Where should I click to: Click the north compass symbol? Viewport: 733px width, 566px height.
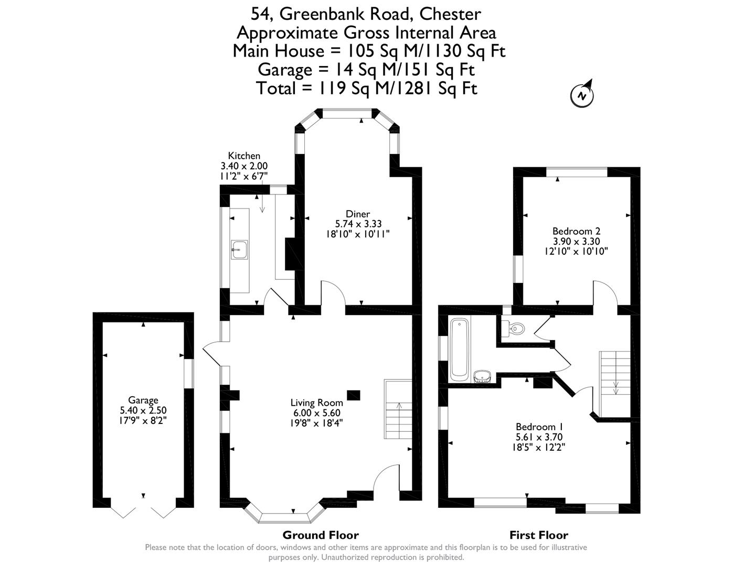pyautogui.click(x=582, y=94)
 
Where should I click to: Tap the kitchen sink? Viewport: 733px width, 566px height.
pyautogui.click(x=239, y=249)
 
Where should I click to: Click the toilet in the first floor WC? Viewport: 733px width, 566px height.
pyautogui.click(x=513, y=328)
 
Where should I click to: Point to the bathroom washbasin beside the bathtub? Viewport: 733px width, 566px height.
pyautogui.click(x=483, y=376)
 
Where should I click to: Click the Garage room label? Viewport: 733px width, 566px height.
pyautogui.click(x=143, y=400)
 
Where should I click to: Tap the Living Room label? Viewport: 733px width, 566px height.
pyautogui.click(x=317, y=402)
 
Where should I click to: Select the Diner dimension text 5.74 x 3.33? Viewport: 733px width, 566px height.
pyautogui.click(x=358, y=224)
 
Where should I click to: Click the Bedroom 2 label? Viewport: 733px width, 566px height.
pyautogui.click(x=577, y=231)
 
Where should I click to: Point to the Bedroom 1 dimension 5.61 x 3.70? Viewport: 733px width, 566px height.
pyautogui.click(x=539, y=437)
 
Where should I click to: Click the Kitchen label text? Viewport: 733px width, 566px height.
pyautogui.click(x=244, y=156)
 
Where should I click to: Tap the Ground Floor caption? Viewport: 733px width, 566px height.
pyautogui.click(x=321, y=535)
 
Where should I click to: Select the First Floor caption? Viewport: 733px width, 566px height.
pyautogui.click(x=539, y=535)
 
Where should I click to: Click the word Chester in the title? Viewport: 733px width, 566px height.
pyautogui.click(x=450, y=14)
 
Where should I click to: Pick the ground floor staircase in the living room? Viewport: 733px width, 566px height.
pyautogui.click(x=398, y=409)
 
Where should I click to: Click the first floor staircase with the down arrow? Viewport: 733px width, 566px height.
pyautogui.click(x=615, y=384)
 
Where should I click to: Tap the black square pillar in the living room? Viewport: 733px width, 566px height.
pyautogui.click(x=354, y=395)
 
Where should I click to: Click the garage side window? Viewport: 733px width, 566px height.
pyautogui.click(x=189, y=374)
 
